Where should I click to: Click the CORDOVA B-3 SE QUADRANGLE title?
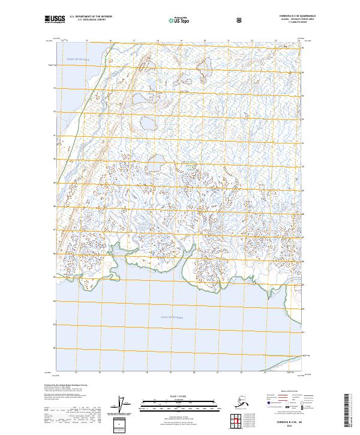[x=287, y=17]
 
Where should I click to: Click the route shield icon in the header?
[x=240, y=20]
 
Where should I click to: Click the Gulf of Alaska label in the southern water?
[x=172, y=317]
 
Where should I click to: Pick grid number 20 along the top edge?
[x=205, y=41]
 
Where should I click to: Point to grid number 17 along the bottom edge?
[x=122, y=373]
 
